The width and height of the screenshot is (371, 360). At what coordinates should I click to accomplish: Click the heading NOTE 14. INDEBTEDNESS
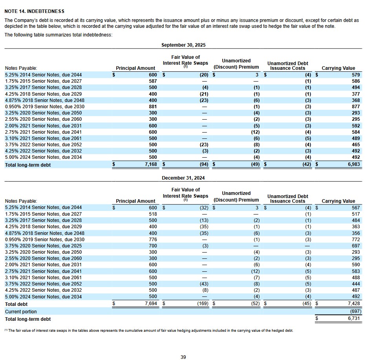(34, 11)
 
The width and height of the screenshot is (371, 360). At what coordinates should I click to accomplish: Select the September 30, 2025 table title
(183, 45)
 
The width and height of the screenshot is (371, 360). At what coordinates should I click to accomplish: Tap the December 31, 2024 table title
(183, 178)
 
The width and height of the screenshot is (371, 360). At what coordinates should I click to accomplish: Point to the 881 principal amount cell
(153, 107)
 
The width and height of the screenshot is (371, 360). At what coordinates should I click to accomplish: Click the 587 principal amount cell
(153, 81)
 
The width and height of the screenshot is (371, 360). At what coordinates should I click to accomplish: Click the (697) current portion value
(353, 311)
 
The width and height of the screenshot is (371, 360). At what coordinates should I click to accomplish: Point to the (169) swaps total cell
(202, 304)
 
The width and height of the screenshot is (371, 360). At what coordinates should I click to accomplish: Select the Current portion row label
(21, 312)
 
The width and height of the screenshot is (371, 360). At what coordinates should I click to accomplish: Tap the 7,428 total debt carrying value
(353, 304)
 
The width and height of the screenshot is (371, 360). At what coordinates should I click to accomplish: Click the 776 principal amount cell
(153, 240)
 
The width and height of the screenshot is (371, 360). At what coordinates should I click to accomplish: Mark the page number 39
(183, 357)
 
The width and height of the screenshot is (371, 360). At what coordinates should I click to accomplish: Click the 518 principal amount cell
(153, 214)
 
